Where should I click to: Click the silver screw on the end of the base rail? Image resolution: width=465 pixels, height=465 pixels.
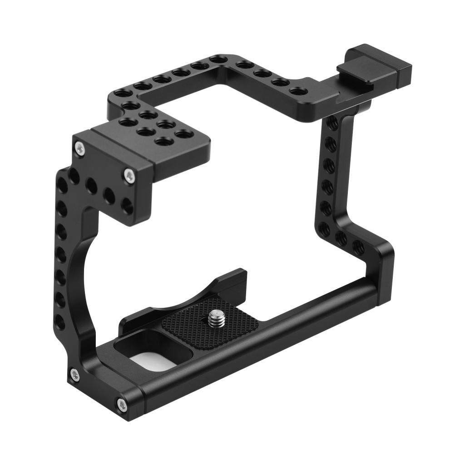tap(122, 404)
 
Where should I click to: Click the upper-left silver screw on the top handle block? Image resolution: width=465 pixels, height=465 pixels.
tap(80, 148)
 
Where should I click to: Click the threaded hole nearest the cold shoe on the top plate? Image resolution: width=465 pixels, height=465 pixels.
tap(297, 91)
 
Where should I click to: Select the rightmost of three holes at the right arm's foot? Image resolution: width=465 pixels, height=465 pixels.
tap(358, 247)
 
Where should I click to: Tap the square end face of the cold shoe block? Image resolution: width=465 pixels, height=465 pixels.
tap(405, 74)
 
